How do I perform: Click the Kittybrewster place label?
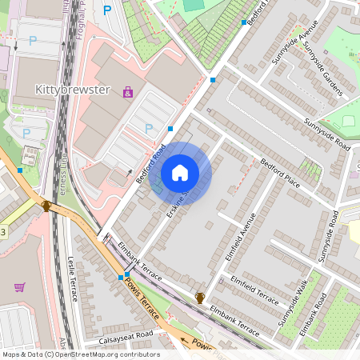[x=72, y=89]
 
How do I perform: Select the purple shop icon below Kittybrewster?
[x=128, y=93]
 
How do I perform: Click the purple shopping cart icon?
[x=20, y=287]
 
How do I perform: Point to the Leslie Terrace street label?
[x=74, y=279]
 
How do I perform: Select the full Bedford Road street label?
[x=150, y=163]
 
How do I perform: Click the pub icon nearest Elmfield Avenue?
[x=199, y=298]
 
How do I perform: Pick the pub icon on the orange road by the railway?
[x=46, y=206]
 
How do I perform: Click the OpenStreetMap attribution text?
[x=80, y=354]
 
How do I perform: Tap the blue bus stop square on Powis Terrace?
[x=121, y=277]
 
